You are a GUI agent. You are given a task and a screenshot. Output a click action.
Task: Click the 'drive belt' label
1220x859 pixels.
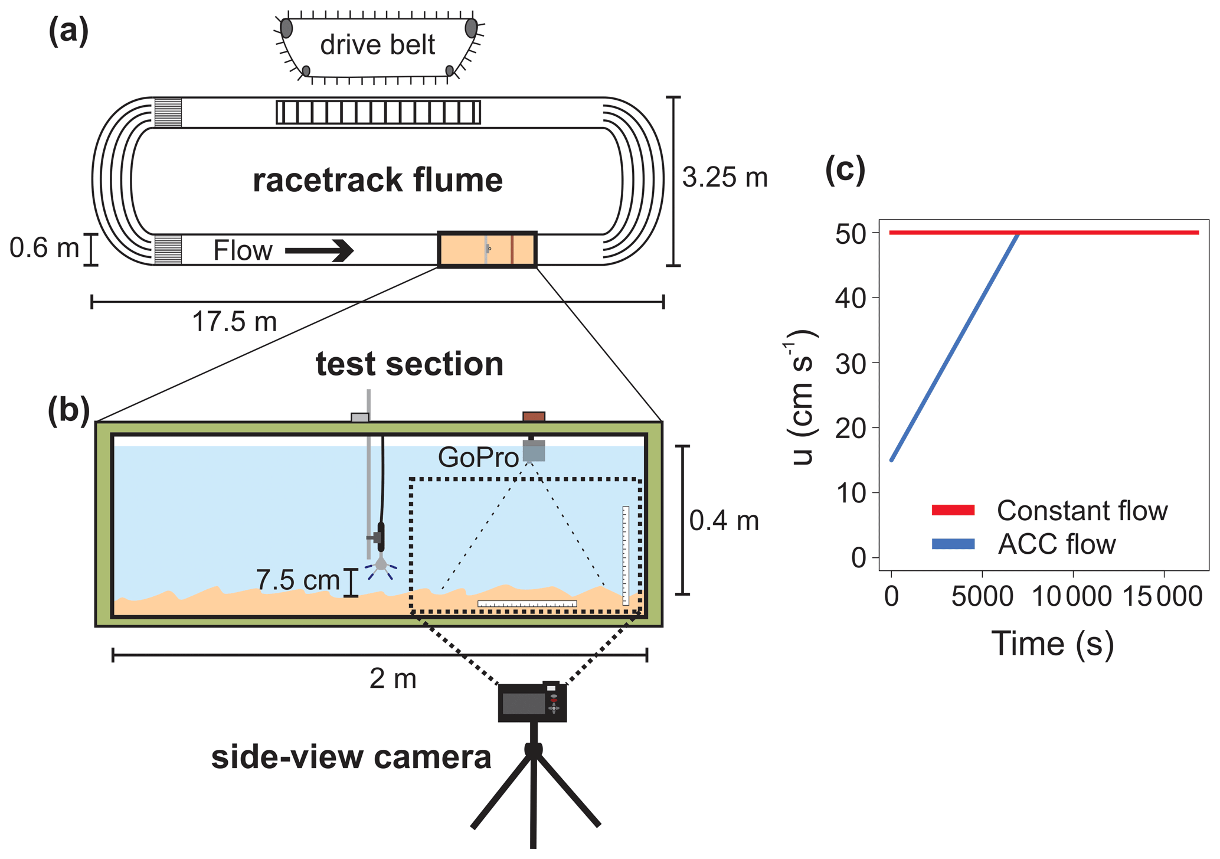coord(377,45)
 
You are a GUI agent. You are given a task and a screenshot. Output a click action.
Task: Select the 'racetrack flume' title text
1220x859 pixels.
coord(378,180)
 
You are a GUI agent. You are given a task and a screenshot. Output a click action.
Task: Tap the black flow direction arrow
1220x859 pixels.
coord(319,250)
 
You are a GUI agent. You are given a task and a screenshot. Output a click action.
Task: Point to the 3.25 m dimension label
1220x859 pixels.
coord(725,177)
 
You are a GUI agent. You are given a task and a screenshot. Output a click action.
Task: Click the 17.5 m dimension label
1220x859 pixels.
coord(234,322)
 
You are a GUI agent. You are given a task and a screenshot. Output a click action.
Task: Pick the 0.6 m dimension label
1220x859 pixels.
coord(44,248)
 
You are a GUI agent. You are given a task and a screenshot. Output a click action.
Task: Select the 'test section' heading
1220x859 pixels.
coord(410,364)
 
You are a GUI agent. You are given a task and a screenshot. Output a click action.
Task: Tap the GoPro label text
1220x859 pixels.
coord(478,458)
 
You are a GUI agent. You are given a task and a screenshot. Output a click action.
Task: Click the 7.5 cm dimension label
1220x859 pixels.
coord(298,580)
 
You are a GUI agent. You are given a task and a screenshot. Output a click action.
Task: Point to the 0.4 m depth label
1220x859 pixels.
coord(724,521)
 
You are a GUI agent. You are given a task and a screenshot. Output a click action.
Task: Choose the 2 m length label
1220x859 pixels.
coord(393,680)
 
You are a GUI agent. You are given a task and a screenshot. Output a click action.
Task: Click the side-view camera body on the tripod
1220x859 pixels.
coord(532,703)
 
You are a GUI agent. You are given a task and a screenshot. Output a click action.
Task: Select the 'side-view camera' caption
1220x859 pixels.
coord(351,758)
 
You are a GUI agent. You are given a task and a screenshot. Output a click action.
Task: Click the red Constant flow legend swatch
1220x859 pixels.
coord(953,510)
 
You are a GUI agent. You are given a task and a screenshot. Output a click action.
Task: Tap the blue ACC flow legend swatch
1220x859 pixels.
coord(953,544)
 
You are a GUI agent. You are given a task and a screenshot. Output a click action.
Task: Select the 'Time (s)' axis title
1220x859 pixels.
coord(1052,644)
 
